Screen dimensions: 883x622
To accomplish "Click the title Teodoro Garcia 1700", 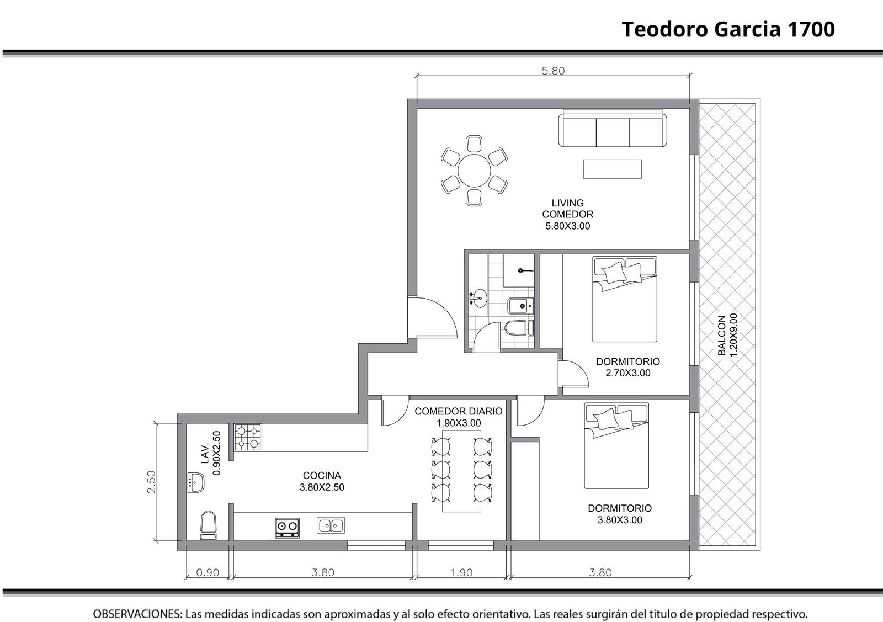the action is click(x=728, y=29).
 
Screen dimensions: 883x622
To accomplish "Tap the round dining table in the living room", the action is click(x=474, y=171).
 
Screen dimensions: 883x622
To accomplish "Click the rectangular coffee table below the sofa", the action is click(x=613, y=169).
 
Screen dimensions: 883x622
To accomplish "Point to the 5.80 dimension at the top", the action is click(x=553, y=71).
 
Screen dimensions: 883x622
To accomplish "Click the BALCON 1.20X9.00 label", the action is click(x=727, y=335).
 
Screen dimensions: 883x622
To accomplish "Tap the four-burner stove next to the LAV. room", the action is click(x=248, y=437).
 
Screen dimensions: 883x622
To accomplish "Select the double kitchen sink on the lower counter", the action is click(x=331, y=525).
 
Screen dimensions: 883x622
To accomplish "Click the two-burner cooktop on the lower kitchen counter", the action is click(x=287, y=528).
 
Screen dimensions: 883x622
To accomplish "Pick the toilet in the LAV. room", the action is click(x=208, y=525).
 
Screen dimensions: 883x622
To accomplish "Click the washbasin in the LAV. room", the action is click(x=196, y=482).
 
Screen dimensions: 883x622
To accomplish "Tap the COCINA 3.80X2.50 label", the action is click(x=322, y=481).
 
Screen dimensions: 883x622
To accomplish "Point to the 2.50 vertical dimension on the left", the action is click(x=151, y=482).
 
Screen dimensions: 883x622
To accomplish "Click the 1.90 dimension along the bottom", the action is click(x=461, y=572).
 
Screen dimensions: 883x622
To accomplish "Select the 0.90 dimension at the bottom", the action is click(x=208, y=572).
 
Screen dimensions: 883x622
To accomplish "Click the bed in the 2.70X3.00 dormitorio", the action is click(x=625, y=299).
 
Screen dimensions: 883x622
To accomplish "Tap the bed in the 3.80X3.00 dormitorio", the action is click(x=616, y=446).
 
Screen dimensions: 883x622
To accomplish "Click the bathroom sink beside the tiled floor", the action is click(x=478, y=299).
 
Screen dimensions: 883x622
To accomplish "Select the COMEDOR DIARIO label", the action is click(x=459, y=411).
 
